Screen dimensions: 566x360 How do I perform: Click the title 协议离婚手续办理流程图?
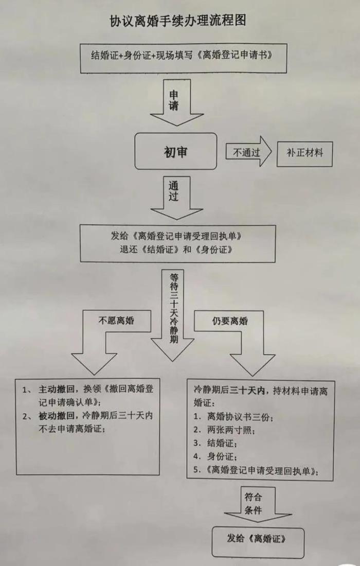(178, 21)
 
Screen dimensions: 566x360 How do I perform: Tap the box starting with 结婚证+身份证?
(183, 59)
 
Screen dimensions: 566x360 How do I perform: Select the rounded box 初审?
(175, 151)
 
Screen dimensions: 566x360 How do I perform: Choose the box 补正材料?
(304, 153)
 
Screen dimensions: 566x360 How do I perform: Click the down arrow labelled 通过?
(176, 197)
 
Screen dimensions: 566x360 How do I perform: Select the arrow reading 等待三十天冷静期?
(173, 314)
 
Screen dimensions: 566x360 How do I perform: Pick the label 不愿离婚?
(116, 321)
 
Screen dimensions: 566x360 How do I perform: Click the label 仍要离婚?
(230, 321)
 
